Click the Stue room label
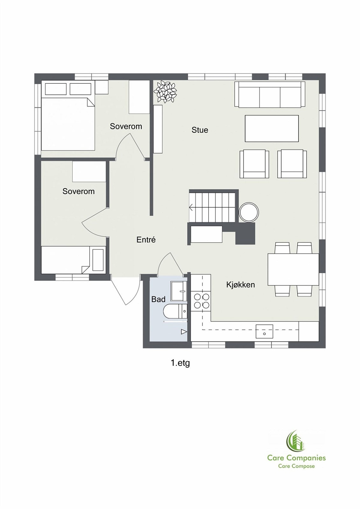click(x=200, y=130)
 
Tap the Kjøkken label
click(x=240, y=284)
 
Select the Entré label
click(x=146, y=240)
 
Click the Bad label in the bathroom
click(x=158, y=299)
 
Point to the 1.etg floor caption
click(x=180, y=363)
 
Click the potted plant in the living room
click(x=165, y=92)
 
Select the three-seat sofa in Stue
click(x=269, y=95)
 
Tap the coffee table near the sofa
click(x=272, y=129)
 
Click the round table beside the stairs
click(x=249, y=212)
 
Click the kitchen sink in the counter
click(x=264, y=331)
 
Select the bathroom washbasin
click(x=179, y=291)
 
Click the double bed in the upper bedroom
click(x=68, y=122)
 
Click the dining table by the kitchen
click(x=293, y=269)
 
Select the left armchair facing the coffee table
click(x=254, y=164)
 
